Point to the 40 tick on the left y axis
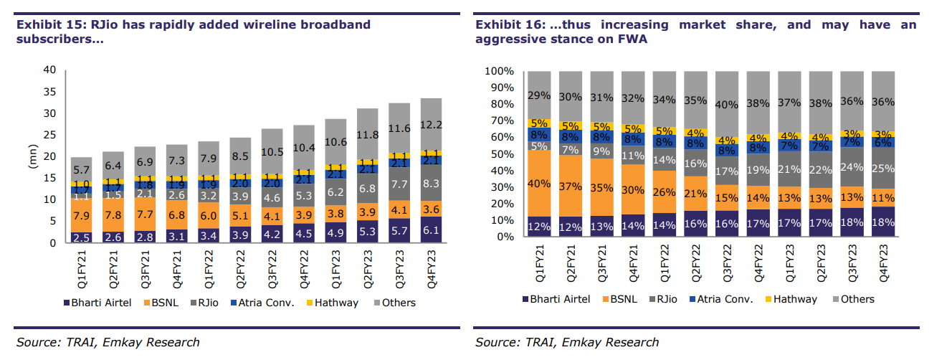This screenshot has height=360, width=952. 49,70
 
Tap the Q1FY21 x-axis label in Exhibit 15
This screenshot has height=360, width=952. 81,266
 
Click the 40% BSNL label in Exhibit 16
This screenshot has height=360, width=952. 538,183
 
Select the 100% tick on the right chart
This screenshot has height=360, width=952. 499,72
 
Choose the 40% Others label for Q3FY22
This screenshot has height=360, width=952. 727,105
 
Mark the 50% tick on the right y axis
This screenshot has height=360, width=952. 502,154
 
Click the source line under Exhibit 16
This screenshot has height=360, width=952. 566,342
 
